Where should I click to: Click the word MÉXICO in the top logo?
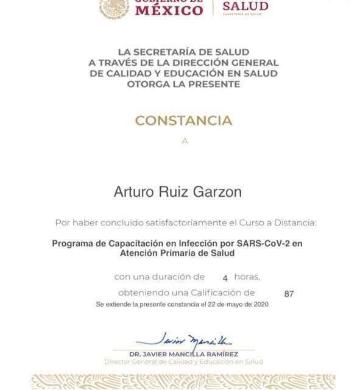click(x=168, y=10)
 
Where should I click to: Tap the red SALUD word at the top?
click(x=245, y=7)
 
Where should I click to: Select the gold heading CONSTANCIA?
click(x=183, y=121)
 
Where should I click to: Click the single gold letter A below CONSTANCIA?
click(x=185, y=141)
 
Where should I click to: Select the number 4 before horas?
click(x=225, y=278)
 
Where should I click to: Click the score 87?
click(x=289, y=294)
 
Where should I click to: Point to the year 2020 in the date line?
click(x=259, y=303)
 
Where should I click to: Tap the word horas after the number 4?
click(x=247, y=277)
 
